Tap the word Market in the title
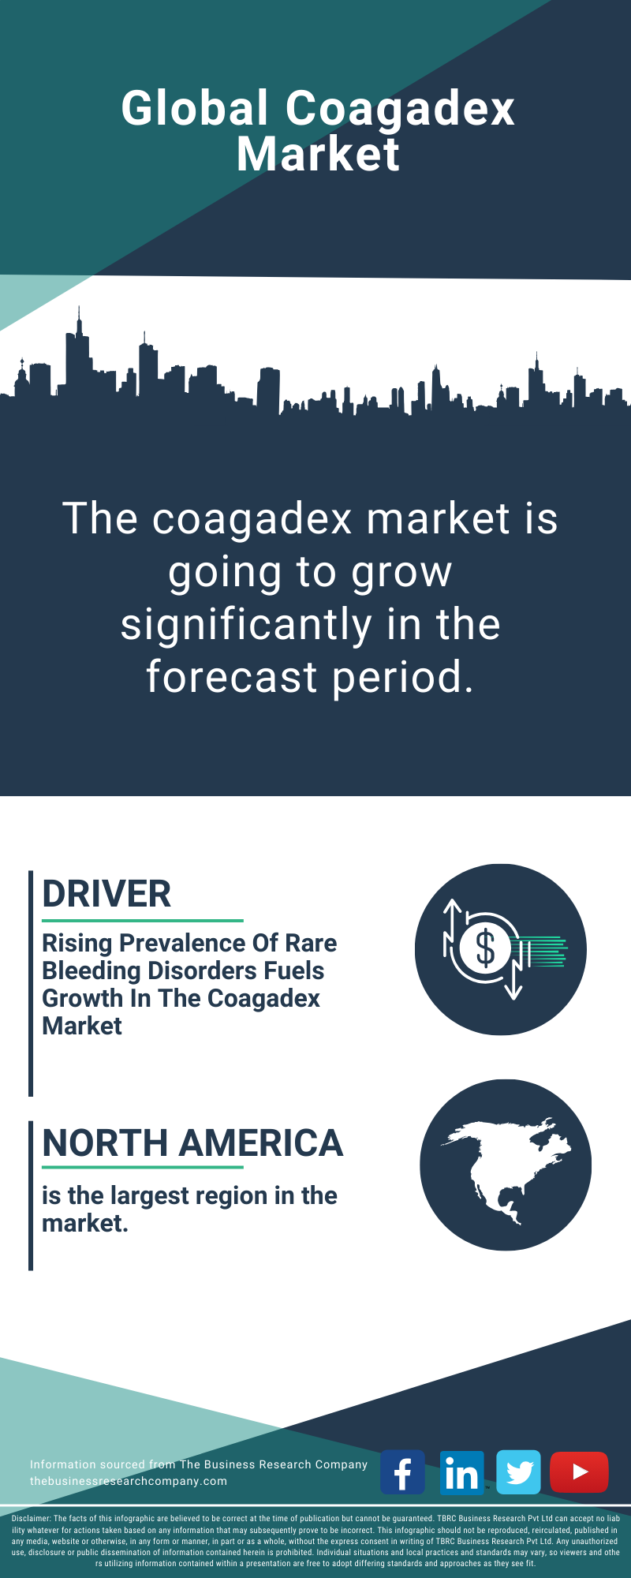click(x=318, y=154)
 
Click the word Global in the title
click(x=195, y=108)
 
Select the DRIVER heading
click(x=106, y=894)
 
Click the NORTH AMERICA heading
click(x=192, y=1143)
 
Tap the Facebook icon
click(x=402, y=1472)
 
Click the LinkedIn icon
click(x=461, y=1472)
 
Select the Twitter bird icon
click(x=518, y=1472)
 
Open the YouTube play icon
click(x=579, y=1472)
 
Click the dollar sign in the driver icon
click(x=485, y=948)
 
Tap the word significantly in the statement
click(x=246, y=626)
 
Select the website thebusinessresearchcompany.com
click(x=129, y=1481)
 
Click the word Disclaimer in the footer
click(x=32, y=1518)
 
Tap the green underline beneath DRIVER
click(x=143, y=920)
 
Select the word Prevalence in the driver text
click(x=182, y=943)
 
